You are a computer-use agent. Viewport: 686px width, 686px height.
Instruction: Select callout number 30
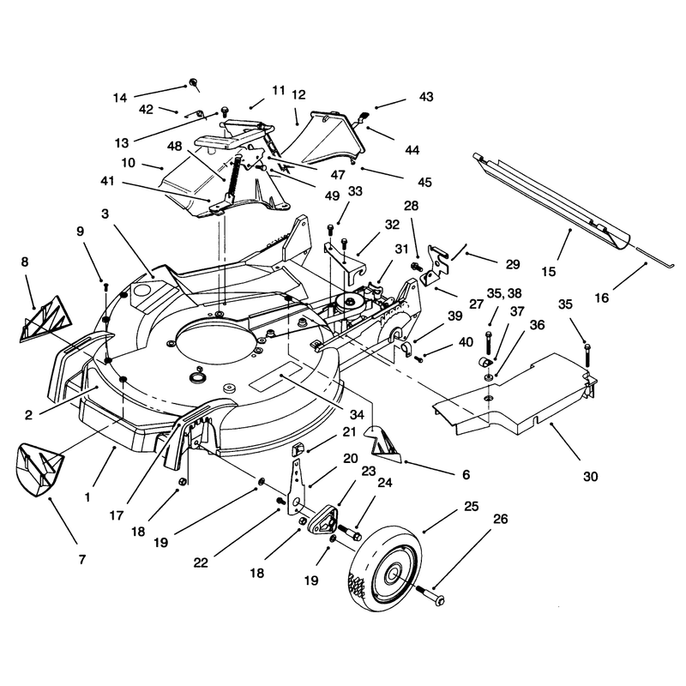pos(590,476)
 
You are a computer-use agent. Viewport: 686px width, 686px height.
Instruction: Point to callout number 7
pos(82,559)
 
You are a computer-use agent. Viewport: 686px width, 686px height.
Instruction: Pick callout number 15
pos(548,272)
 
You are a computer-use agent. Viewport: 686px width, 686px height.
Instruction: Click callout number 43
pos(426,96)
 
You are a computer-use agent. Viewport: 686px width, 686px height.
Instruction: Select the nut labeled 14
pos(192,82)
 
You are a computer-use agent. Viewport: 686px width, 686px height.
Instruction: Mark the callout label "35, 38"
pos(504,293)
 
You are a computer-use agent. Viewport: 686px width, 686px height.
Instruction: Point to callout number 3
pos(105,214)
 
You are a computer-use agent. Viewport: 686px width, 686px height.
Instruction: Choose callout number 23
pos(369,471)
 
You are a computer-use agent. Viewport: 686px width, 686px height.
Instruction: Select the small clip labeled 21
pos(298,448)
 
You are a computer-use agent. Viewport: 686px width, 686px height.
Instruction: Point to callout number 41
pos(107,181)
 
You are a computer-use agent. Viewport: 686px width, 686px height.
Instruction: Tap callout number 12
pos(298,94)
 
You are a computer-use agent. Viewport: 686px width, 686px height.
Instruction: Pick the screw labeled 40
pos(418,358)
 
